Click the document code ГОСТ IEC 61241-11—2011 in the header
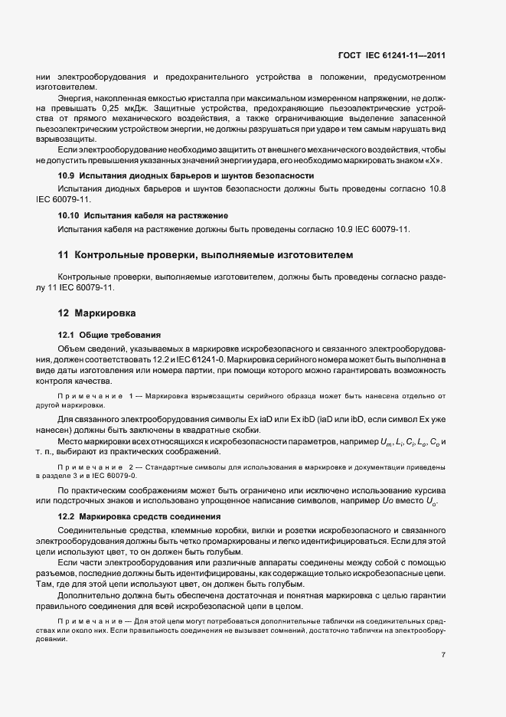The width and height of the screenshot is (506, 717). (x=391, y=55)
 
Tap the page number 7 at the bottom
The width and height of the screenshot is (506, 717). (x=444, y=655)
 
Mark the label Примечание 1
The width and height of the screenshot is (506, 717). (x=95, y=395)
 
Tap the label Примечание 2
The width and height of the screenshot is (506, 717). (x=95, y=467)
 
